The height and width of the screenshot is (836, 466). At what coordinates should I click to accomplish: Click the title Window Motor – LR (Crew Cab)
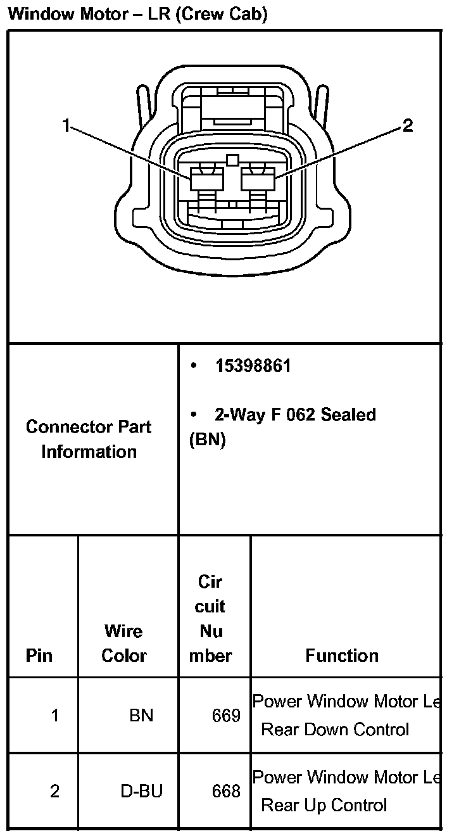137,14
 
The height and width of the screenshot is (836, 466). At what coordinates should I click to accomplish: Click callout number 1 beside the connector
66,126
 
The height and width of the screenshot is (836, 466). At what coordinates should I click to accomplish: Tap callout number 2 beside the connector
408,126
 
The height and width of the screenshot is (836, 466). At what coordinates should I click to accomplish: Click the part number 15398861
253,366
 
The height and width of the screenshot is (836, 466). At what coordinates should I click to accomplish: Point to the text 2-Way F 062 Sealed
295,415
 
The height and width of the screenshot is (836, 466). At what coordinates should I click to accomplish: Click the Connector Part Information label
89,439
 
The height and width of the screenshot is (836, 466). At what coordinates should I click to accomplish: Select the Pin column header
39,655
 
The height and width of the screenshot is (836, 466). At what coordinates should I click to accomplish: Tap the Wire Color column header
124,643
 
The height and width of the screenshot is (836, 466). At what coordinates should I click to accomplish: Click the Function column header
342,655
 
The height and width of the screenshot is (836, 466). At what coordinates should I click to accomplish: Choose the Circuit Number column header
210,618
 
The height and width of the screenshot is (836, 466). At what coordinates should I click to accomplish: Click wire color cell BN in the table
141,716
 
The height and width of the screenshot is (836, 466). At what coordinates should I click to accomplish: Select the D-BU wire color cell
141,791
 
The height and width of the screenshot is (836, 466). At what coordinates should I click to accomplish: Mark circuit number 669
226,716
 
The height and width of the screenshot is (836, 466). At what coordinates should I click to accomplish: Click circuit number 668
226,791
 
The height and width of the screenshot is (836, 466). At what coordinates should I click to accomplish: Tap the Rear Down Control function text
335,730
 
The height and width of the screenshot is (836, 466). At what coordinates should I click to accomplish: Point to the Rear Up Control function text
324,805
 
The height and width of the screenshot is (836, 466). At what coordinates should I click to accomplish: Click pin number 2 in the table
54,791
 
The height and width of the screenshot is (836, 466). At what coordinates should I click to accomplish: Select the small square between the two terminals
232,160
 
